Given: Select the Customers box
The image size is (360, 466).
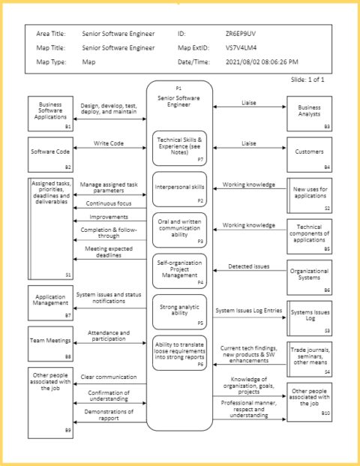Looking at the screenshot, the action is (x=309, y=154).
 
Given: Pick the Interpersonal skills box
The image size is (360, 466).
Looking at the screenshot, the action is (x=179, y=188).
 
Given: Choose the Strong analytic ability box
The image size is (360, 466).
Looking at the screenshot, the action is (x=179, y=311).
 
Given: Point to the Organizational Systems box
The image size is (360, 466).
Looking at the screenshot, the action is (x=309, y=277).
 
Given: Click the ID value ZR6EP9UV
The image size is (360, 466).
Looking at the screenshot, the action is (x=239, y=34).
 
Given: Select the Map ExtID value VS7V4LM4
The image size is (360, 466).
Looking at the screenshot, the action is (x=240, y=48).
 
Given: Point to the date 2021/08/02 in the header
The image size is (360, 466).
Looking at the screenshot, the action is (x=244, y=62).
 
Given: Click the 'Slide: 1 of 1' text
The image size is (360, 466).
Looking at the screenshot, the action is (x=308, y=80).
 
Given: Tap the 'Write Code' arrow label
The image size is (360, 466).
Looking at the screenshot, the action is (x=109, y=143).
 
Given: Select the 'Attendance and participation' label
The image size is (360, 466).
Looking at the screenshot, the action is (x=109, y=335).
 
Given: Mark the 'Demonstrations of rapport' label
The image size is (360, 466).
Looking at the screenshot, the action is (x=109, y=414).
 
